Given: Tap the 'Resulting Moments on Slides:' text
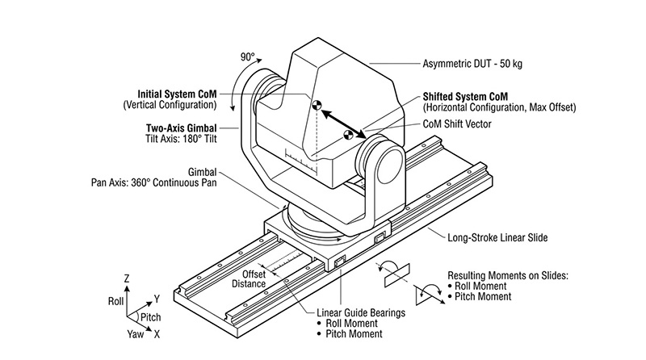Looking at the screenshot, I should point(509,274).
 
